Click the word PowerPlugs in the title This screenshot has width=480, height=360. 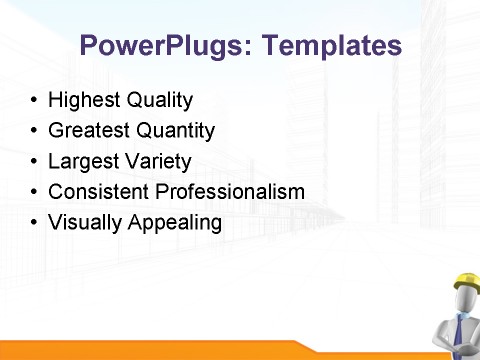[155, 46]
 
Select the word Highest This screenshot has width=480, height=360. [83, 101]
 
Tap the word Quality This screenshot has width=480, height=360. [158, 101]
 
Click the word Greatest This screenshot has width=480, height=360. [87, 131]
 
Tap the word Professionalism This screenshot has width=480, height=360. [226, 191]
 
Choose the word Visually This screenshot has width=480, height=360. [84, 222]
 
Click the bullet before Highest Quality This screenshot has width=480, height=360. [35, 102]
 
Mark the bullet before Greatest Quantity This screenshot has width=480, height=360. [35, 132]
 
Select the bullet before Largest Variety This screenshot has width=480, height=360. [35, 162]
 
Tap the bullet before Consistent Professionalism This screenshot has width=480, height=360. [35, 192]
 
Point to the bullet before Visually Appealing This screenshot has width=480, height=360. [35, 222]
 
